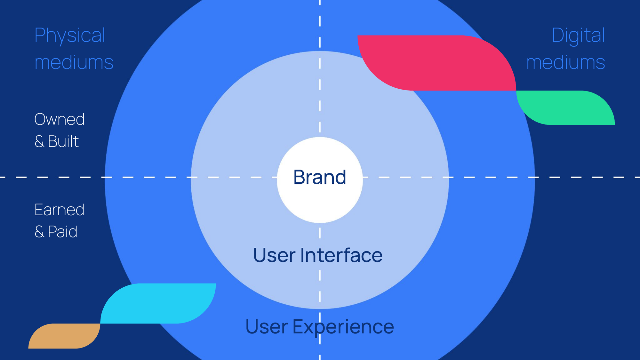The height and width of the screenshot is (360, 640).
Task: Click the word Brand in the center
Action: coord(320,177)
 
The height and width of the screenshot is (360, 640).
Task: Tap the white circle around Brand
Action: coord(320,205)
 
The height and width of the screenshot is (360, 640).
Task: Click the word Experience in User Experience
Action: coord(343,327)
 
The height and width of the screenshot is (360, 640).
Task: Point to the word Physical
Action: coord(70,35)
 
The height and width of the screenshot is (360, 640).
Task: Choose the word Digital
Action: coord(578,35)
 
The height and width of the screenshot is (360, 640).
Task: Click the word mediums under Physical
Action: coord(74,62)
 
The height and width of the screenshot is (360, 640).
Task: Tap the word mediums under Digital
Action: coord(566,62)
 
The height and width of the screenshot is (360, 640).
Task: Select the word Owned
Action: coord(60,119)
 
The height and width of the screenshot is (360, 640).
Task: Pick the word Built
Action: coord(63,141)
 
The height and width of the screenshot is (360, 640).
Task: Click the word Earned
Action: coord(60,210)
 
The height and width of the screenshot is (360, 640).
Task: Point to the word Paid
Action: coord(62,232)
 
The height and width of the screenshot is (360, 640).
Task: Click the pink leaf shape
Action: coord(438,63)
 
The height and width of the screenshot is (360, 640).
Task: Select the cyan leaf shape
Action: coord(158,303)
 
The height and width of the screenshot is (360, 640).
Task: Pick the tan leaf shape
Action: coord(64,336)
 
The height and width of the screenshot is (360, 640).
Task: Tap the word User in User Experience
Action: coord(266,327)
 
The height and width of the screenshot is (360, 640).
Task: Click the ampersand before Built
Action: coord(39,141)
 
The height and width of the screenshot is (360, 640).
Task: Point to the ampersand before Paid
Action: coord(39,232)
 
